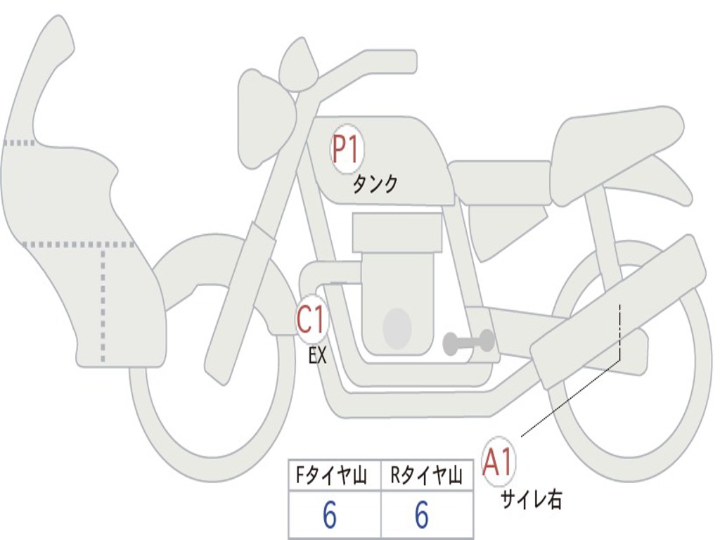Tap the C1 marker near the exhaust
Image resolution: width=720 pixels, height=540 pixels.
coord(311,320)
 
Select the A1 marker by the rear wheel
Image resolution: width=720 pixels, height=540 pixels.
coord(499,463)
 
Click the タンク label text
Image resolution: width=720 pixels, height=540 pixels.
coord(375,184)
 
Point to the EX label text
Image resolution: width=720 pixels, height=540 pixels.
coord(318,356)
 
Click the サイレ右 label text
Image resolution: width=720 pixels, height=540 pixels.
coord(531,499)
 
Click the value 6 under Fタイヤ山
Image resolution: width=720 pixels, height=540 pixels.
coord(329,516)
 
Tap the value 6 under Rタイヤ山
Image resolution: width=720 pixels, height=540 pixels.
coord(422,516)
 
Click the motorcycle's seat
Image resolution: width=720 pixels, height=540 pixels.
coord(615,141)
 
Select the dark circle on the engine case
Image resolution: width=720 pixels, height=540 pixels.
coord(397,328)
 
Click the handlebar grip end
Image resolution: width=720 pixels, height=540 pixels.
coord(408,61)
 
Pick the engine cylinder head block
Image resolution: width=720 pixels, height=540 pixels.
coord(397,232)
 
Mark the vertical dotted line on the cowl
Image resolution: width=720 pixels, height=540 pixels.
coord(104,302)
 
